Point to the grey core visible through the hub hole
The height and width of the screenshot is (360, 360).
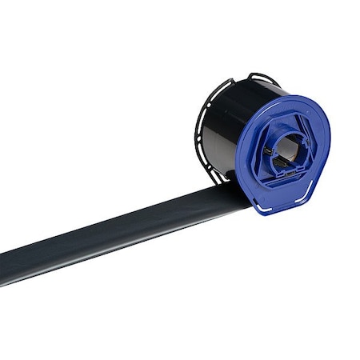(x=290, y=144)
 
